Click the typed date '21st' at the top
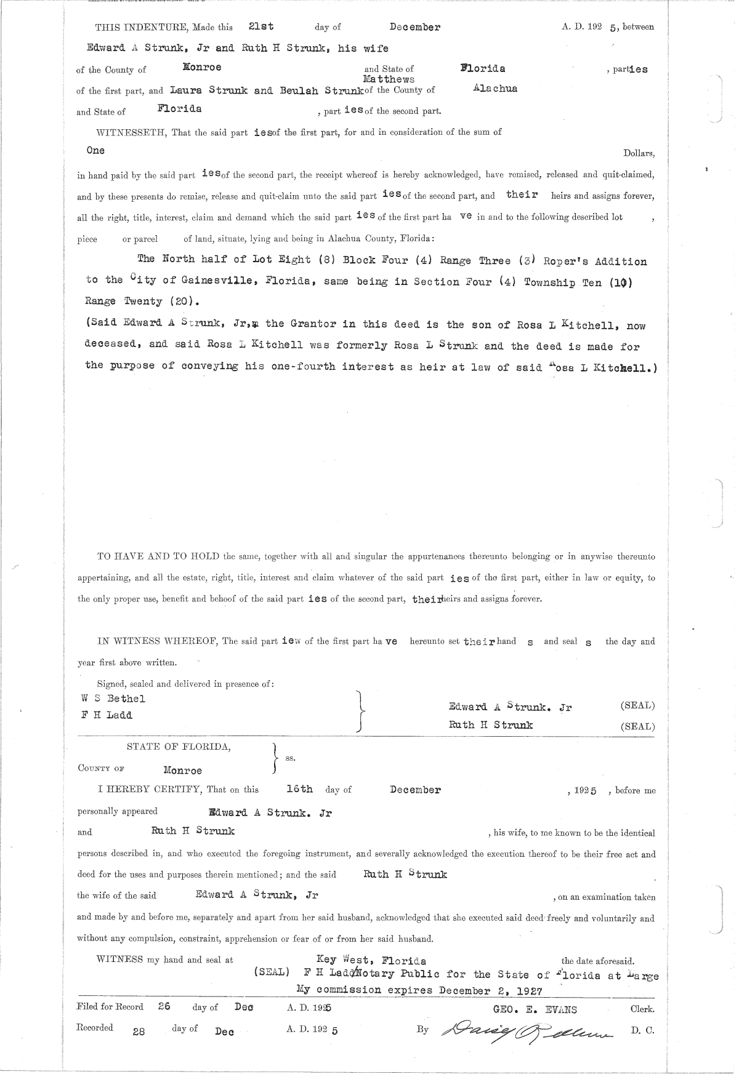[260, 26]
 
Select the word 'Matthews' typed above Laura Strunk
[389, 79]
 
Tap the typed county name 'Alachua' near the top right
[495, 89]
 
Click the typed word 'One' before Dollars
[95, 150]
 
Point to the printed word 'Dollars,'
[639, 153]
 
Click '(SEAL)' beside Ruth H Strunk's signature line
[637, 726]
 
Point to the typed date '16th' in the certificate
[300, 789]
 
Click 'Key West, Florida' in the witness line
[371, 960]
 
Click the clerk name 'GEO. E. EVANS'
[535, 1009]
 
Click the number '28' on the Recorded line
[139, 1032]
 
